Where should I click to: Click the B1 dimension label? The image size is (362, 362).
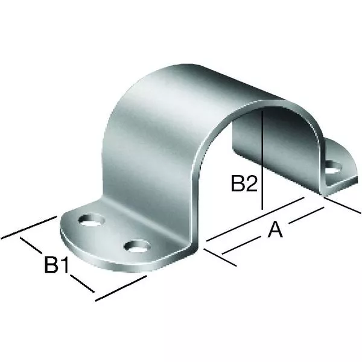click(x=56, y=264)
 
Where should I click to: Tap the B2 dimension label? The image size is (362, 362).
click(x=244, y=183)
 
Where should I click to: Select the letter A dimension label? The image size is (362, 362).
click(x=275, y=229)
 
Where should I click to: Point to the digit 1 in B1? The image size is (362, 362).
click(x=64, y=264)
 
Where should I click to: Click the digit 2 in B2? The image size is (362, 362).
click(x=252, y=183)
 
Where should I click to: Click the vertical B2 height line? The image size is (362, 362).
click(x=262, y=160)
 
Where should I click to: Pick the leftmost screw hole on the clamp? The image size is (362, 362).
click(x=92, y=220)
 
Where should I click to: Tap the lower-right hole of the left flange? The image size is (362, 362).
click(x=137, y=246)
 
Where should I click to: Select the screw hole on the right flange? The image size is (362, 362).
click(x=333, y=167)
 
